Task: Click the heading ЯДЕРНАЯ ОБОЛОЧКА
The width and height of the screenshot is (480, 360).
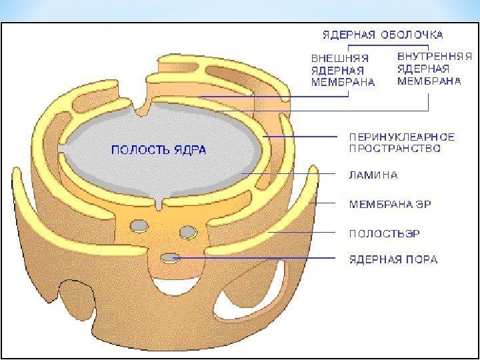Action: pyautogui.click(x=383, y=34)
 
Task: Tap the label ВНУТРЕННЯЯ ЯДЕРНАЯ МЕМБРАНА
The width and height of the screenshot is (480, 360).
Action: pyautogui.click(x=429, y=69)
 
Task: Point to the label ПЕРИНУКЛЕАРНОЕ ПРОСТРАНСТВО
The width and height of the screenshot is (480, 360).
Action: pyautogui.click(x=402, y=143)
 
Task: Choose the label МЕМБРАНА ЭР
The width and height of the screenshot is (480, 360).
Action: pyautogui.click(x=390, y=204)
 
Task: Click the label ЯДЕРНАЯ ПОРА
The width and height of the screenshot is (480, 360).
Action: pyautogui.click(x=393, y=259)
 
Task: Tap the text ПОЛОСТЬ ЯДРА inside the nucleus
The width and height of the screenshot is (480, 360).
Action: pyautogui.click(x=158, y=150)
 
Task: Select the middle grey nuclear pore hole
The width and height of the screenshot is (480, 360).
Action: pyautogui.click(x=188, y=231)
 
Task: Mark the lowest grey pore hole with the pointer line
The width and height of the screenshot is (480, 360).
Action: pyautogui.click(x=169, y=256)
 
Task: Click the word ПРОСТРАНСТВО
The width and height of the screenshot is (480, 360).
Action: pyautogui.click(x=395, y=149)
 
